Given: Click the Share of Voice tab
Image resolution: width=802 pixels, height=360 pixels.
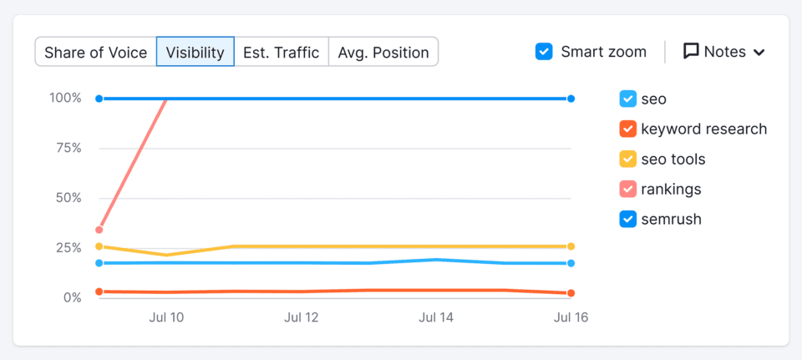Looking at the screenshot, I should (95, 53).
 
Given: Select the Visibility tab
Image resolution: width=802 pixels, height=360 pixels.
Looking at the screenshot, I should (195, 53).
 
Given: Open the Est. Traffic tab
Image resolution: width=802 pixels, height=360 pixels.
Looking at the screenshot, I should (281, 53).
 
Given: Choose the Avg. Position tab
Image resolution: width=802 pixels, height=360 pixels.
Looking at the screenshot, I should (383, 53).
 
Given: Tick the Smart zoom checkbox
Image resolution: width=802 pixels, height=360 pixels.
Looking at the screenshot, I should (544, 52).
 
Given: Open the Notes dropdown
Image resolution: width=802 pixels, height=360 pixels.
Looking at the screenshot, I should (724, 52).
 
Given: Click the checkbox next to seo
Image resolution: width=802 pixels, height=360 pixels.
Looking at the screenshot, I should (628, 99).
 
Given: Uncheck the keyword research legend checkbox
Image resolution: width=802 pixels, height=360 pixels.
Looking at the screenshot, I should (628, 129).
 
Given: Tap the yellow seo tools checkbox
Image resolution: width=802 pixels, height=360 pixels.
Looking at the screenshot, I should (628, 160).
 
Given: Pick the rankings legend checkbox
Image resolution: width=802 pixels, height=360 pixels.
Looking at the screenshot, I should (628, 190).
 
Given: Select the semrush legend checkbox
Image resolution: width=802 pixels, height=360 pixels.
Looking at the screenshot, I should (628, 220).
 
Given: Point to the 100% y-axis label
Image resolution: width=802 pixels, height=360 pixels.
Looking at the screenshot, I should (66, 99).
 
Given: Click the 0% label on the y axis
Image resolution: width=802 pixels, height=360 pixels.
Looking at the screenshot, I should (72, 298).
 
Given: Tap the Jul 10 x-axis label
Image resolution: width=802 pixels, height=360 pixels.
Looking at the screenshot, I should (167, 318).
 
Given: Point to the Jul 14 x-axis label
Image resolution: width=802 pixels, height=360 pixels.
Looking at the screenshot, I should (436, 318).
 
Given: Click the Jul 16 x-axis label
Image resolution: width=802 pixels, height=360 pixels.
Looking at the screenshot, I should (571, 318).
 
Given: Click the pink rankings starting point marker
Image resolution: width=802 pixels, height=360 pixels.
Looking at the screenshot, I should (99, 230).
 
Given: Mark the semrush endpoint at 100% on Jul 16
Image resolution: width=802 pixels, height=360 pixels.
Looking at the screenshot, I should (571, 99).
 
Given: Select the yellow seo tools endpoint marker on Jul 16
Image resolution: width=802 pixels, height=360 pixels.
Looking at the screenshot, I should (571, 246).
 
